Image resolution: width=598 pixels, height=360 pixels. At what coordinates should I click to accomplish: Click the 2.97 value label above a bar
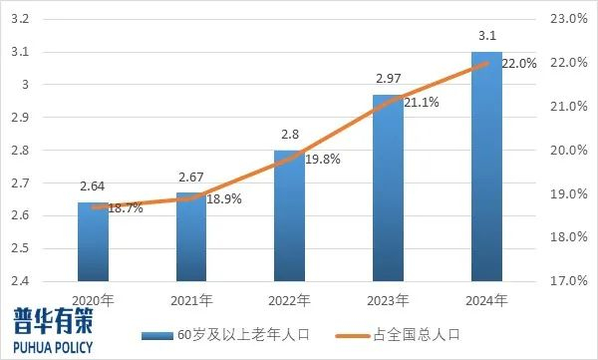[x=389, y=78]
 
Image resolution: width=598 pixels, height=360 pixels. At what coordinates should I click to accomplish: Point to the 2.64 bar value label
[x=94, y=185]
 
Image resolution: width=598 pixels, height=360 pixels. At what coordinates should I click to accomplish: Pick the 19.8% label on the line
[x=323, y=158]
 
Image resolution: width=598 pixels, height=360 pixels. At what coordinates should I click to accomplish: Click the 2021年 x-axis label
[x=191, y=299]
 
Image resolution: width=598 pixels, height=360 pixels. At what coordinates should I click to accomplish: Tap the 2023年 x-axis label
[x=389, y=299]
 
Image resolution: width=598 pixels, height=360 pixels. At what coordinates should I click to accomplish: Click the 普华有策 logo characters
[x=51, y=320]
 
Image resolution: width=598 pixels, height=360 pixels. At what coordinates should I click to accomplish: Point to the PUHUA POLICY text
[x=52, y=346]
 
